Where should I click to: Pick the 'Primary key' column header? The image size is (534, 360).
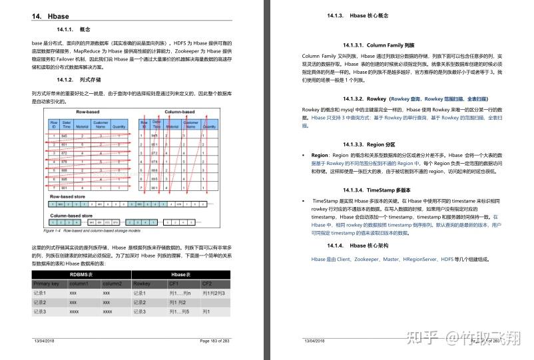pos(47,283)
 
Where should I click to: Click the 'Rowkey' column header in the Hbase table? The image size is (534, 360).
pos(142,283)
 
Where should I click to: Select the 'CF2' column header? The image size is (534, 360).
pos(207,283)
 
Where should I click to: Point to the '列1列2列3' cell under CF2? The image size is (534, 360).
pos(214,293)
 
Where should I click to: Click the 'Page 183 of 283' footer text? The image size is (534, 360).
pos(214,340)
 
